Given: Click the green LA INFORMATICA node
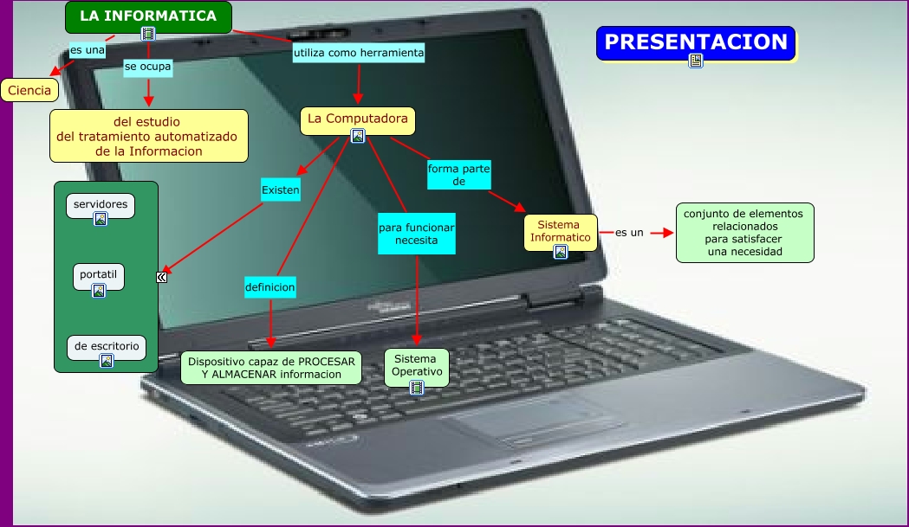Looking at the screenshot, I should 148,16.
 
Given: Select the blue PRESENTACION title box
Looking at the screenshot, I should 695,42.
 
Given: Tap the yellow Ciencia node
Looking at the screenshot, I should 29,90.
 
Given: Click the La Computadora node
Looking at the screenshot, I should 357,119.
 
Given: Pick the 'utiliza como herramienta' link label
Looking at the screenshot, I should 359,54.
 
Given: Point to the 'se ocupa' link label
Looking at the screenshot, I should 147,66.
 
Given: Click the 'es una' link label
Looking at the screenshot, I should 87,49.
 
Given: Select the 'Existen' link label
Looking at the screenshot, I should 280,190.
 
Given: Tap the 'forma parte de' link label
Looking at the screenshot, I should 458,176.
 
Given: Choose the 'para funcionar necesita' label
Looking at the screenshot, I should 416,234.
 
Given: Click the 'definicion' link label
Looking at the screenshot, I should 269,286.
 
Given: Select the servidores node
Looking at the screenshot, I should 101,205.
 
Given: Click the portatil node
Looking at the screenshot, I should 98,274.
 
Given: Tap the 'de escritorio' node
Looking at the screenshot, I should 107,346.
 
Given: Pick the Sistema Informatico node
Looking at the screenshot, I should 561,231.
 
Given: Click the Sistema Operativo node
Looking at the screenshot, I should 417,365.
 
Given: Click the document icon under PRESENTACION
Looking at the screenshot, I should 695,60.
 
